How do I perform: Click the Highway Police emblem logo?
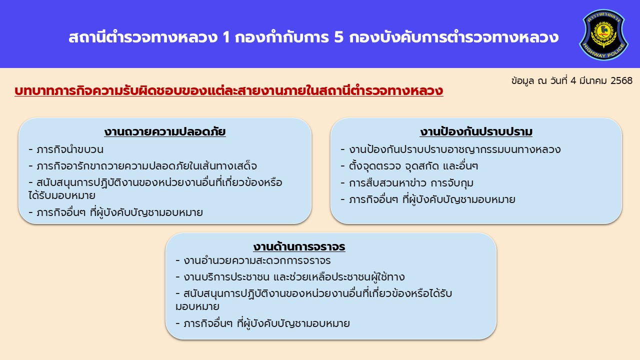[x=603, y=34]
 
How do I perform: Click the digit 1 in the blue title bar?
[x=226, y=37]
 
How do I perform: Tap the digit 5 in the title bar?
[x=338, y=37]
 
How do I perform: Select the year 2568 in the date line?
[x=621, y=81]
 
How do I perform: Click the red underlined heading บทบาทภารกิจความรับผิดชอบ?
[x=229, y=91]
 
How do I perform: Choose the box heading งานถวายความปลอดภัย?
[x=165, y=132]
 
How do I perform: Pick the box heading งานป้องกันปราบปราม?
[x=476, y=132]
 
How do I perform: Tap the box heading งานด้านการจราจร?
[x=299, y=246]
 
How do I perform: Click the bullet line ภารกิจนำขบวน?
[x=66, y=149]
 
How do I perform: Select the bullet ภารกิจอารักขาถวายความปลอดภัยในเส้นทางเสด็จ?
[x=143, y=166]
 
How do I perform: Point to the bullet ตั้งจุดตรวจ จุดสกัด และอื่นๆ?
[x=409, y=166]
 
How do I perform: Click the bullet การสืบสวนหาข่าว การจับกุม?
[x=407, y=183]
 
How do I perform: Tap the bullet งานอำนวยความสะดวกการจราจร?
[x=253, y=260]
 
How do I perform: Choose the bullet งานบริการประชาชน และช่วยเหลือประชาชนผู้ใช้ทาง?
[x=290, y=277]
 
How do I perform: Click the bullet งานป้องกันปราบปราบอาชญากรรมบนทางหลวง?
[x=450, y=149]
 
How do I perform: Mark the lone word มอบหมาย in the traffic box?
[x=197, y=307]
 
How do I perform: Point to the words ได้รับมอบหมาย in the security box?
[x=61, y=195]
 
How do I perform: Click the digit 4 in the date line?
[x=573, y=81]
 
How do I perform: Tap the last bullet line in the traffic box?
[x=262, y=323]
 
